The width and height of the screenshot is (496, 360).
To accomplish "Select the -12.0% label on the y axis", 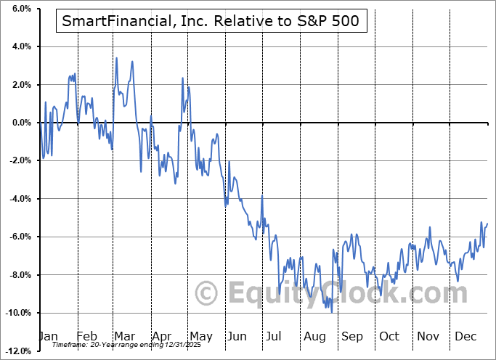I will pos(17,351).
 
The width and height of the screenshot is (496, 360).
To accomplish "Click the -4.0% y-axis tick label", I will pos(20,199).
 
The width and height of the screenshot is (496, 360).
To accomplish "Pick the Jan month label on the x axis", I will pos(48,336).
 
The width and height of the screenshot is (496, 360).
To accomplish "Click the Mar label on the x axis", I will pos(124,336).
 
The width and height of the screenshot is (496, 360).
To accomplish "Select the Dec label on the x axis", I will pos(465,336).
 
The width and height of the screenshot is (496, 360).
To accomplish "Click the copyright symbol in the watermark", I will pos(208,294).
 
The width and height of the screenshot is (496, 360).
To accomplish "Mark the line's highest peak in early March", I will pos(116,58).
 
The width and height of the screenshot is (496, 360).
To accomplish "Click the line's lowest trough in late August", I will pos(332,312).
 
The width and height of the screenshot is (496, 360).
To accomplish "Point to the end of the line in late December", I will pos(487,224).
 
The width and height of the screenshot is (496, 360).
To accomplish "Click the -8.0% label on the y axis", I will pos(20,275).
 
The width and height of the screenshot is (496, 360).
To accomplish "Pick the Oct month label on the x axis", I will pos(389,336).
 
